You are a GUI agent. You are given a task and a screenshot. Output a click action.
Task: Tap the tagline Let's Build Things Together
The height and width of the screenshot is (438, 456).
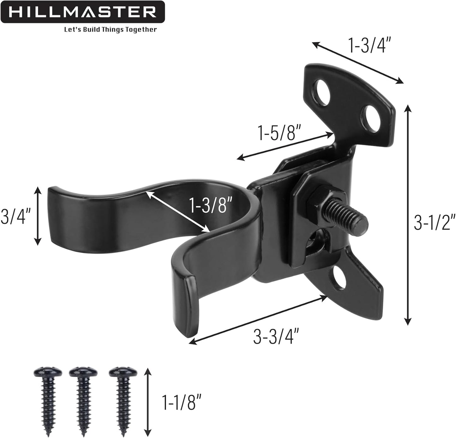[x=110, y=30]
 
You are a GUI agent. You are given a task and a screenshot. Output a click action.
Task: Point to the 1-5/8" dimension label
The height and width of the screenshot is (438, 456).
[x=277, y=133]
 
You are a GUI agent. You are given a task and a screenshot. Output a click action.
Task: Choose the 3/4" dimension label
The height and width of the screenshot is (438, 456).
[x=16, y=216]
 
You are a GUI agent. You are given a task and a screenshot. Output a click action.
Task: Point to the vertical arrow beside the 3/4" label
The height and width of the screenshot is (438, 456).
[x=38, y=216]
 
